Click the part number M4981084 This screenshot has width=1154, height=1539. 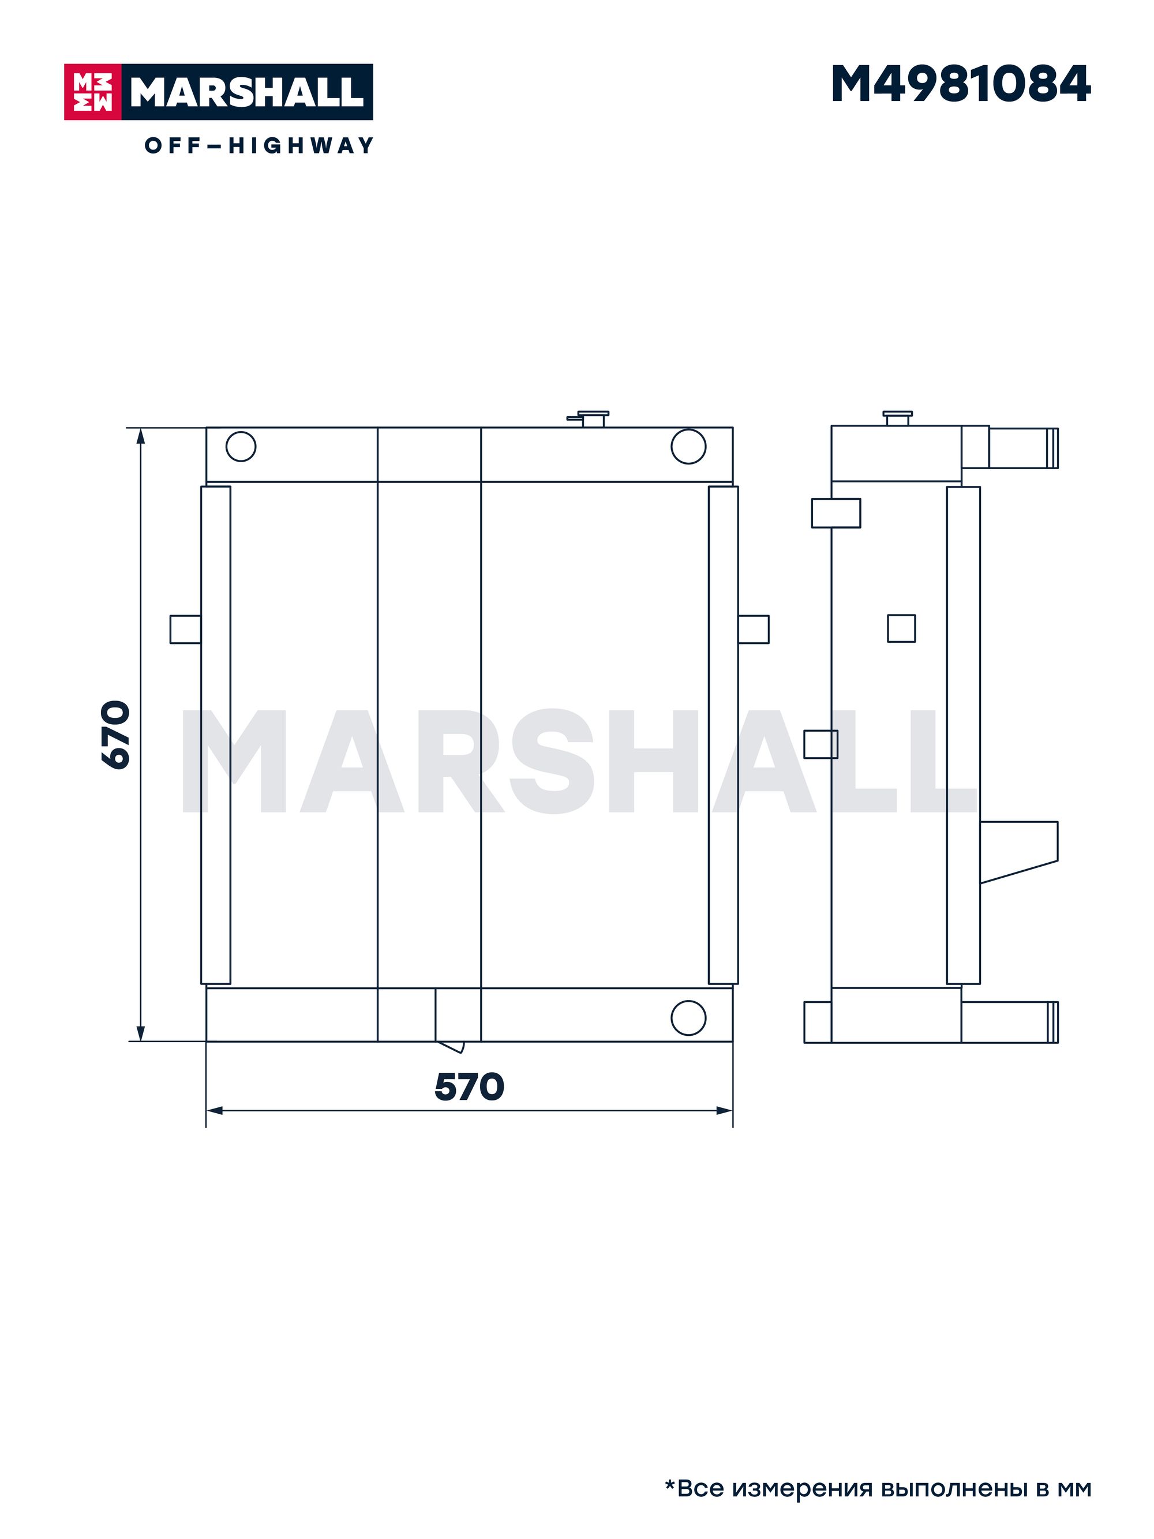[x=961, y=84]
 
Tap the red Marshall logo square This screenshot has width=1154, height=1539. [x=92, y=92]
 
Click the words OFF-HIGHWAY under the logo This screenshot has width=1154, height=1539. [x=258, y=145]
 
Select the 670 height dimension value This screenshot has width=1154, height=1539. [x=115, y=735]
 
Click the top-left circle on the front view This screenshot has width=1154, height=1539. [x=241, y=446]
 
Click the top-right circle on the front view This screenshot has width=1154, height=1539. [x=688, y=446]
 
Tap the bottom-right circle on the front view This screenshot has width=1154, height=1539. [x=688, y=1017]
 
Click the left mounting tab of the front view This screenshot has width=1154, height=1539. [x=186, y=629]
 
